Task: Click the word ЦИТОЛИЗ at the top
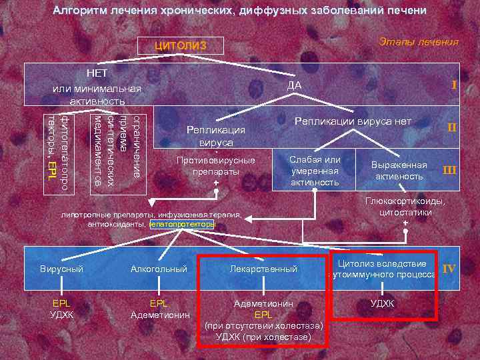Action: (181, 46)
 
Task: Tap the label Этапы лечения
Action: (418, 42)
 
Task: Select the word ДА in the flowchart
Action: (294, 85)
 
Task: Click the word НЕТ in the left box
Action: (97, 72)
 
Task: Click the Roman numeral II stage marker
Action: (451, 127)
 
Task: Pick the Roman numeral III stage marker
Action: (450, 170)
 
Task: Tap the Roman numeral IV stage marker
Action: (449, 269)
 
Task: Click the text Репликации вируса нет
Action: (353, 121)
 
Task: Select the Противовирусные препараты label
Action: (215, 165)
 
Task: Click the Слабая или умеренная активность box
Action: (314, 171)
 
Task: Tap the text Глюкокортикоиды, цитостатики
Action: (405, 207)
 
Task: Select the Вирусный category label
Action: (61, 269)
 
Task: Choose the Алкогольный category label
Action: (159, 269)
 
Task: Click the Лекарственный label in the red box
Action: (263, 269)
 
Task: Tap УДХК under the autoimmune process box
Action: (382, 303)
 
